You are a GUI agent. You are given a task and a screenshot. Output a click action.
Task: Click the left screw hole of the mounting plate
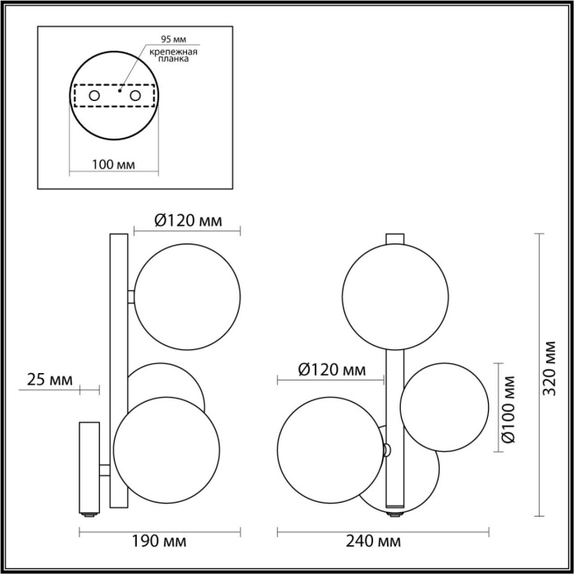click(x=94, y=97)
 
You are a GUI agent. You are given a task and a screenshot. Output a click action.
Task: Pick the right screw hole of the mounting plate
click(x=135, y=97)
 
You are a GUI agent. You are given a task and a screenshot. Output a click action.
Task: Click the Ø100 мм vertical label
click(x=512, y=408)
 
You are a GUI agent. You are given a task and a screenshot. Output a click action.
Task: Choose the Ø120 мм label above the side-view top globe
click(x=188, y=220)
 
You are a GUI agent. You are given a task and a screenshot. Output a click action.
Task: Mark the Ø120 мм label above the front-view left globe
click(x=331, y=370)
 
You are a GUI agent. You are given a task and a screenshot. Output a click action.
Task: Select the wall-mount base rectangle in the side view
click(x=89, y=467)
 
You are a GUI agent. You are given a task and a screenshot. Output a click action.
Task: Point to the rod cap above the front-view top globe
click(x=395, y=239)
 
